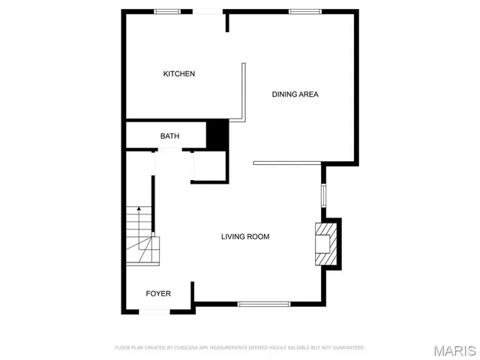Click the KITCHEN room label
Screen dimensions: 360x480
point(179,73)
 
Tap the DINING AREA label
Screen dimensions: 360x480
point(295,94)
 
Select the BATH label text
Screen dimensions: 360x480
point(169,136)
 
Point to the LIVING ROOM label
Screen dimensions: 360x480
point(244,237)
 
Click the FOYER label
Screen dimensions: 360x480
point(157,293)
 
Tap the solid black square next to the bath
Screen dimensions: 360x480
point(217,134)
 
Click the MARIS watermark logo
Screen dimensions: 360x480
point(454,351)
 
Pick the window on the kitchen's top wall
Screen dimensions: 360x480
point(166,11)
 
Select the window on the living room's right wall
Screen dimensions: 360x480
point(324,195)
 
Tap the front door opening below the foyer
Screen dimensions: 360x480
point(158,311)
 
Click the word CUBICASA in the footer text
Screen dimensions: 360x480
point(184,348)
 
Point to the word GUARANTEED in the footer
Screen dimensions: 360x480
point(347,348)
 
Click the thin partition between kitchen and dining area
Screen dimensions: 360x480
point(244,91)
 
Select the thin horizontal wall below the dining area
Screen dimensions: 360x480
point(287,163)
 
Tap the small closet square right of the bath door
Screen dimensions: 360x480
point(209,166)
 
